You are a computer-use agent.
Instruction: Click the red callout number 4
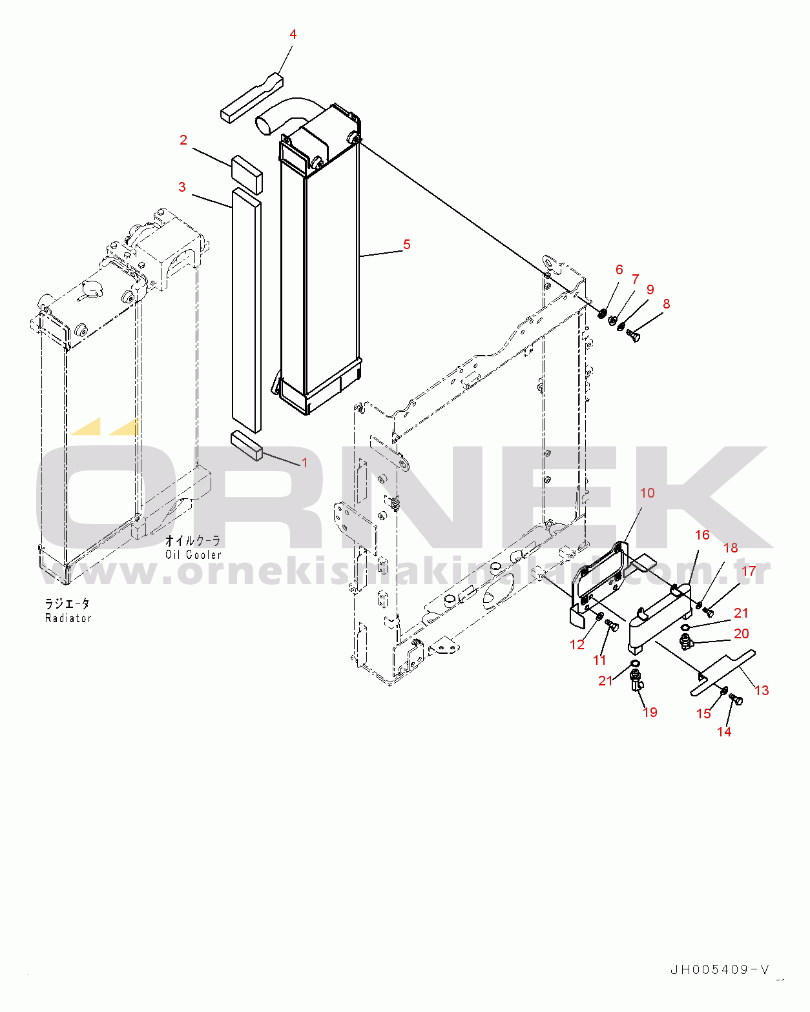coord(293,34)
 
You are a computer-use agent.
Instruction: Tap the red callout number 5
coord(407,245)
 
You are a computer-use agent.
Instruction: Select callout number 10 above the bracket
coord(647,493)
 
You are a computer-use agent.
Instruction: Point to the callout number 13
coord(762,691)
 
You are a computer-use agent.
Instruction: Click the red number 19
coord(650,713)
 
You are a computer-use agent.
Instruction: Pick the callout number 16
coord(702,534)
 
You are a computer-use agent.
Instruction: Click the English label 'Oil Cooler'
coord(193,555)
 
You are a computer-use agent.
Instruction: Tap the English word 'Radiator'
coord(68,618)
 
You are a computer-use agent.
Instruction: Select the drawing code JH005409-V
coord(720,969)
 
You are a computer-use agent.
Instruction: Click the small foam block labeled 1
coord(247,446)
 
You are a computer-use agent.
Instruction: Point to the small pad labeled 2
coord(247,174)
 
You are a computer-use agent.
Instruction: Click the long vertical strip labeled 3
coord(246,310)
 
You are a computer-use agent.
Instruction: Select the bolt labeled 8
coord(633,336)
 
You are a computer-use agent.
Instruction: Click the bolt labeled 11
coord(612,625)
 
